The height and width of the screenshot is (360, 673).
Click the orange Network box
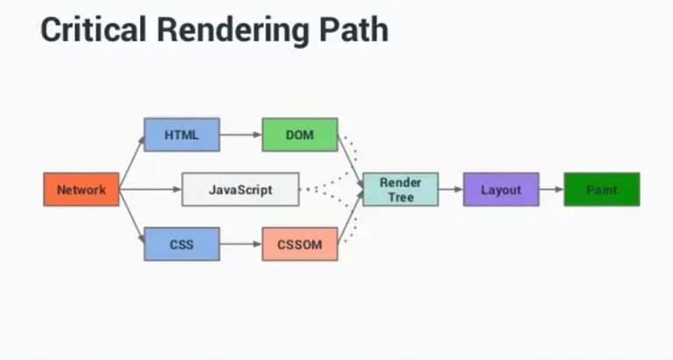(x=81, y=189)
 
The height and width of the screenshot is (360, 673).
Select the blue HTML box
(x=181, y=135)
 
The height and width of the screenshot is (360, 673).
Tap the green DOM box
(x=299, y=135)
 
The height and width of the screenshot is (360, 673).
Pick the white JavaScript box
(x=240, y=189)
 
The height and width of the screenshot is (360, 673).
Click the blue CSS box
(x=181, y=244)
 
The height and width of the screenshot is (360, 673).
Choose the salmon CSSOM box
(x=299, y=244)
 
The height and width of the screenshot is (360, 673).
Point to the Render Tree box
(x=400, y=189)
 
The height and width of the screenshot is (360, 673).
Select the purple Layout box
(x=500, y=189)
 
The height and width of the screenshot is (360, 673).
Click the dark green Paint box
(x=601, y=189)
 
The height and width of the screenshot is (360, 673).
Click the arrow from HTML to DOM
(x=240, y=135)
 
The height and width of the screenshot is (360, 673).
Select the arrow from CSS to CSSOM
(x=240, y=244)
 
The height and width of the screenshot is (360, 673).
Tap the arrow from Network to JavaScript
(x=150, y=189)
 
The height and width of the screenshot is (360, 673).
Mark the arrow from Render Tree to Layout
(x=450, y=189)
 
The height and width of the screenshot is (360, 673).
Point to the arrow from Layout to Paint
(x=550, y=189)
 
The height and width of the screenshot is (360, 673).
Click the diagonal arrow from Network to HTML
(x=131, y=163)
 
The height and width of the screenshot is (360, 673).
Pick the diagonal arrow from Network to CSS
(x=131, y=216)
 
